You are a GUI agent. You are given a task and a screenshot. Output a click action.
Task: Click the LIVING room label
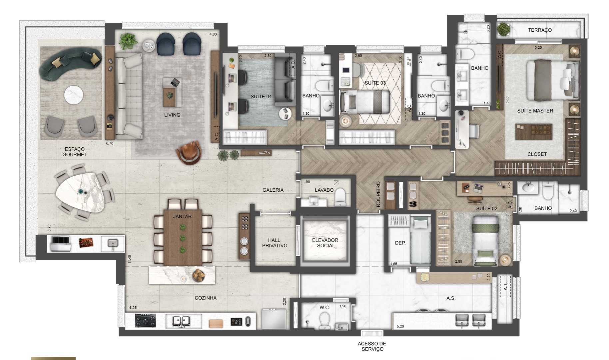pos(172,115)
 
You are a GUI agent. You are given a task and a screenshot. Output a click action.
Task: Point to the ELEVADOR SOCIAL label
pos(325,243)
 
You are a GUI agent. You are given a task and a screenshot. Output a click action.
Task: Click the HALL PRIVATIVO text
pos(275,243)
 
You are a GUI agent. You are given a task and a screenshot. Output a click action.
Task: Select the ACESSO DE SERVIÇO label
pos(372,346)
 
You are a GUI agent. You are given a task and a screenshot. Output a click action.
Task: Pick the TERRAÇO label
pos(540,30)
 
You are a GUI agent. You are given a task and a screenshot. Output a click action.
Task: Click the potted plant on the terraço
pos(503,29)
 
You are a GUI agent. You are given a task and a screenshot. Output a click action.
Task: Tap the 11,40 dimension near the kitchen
pos(130,259)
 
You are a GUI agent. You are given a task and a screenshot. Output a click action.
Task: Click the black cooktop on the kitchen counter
pos(145,321)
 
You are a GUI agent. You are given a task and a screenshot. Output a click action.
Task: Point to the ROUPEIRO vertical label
pos(378,194)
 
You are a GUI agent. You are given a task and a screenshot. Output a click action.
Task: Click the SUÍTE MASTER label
pos(535,111)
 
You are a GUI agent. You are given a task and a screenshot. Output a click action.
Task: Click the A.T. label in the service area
pos(505,286)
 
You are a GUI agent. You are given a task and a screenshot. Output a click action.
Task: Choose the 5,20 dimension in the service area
pos(400,326)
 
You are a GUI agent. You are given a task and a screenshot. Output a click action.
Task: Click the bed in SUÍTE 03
pos(365,102)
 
